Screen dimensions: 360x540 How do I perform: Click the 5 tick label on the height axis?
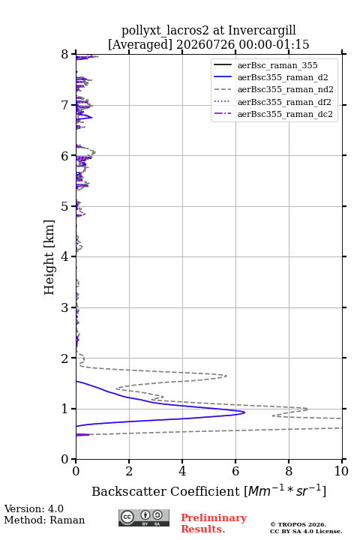point(64,207)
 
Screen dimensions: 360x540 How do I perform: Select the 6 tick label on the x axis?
point(235,472)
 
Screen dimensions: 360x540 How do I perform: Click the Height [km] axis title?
point(49,257)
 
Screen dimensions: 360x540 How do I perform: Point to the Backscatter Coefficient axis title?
point(208,490)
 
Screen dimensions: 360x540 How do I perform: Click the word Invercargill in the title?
point(262,30)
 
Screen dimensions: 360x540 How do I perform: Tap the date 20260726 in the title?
point(205,44)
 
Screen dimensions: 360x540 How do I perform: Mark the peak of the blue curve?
point(244,412)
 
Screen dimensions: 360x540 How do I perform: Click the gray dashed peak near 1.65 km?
point(226,376)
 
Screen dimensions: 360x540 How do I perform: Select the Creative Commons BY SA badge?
point(144,518)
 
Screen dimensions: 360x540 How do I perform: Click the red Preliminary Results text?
point(214,523)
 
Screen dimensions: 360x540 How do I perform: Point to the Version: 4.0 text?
point(34,508)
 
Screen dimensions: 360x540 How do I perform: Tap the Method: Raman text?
point(44,520)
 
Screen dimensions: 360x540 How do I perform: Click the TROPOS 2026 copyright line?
point(298,524)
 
